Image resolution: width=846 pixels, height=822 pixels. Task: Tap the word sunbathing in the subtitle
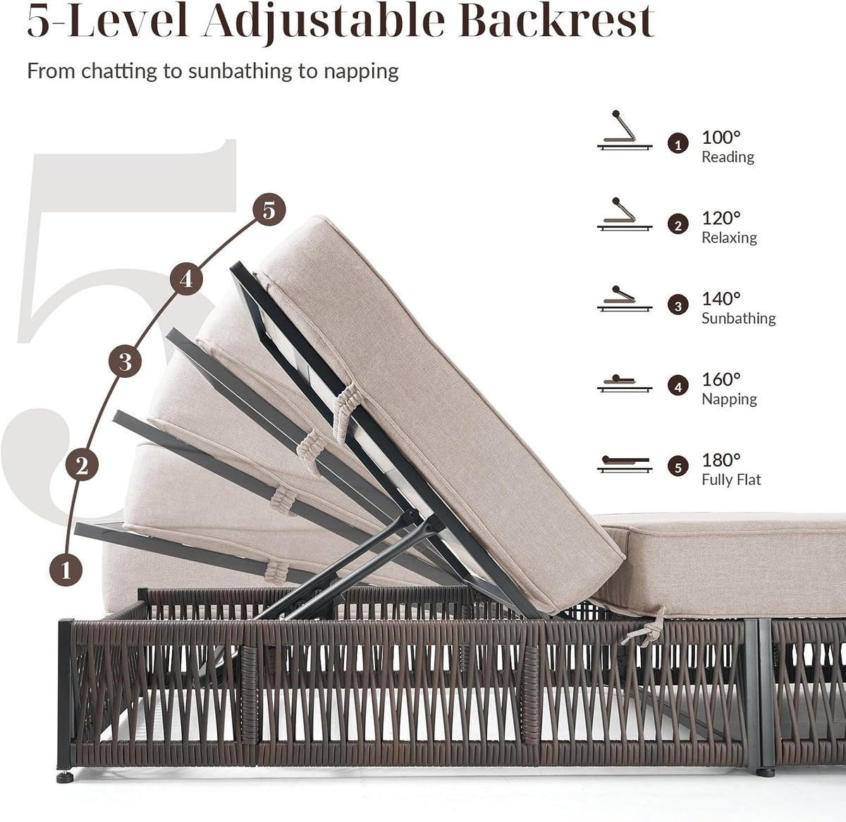pos(240,71)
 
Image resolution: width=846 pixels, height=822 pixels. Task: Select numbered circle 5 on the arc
pos(269,209)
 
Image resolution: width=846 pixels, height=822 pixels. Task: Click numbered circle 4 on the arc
pos(186,279)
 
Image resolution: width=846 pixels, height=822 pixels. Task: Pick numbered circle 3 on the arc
pos(125,361)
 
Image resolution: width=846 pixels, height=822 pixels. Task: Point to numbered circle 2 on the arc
pos(82,465)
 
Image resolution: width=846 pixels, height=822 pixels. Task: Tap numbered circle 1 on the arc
pos(66,570)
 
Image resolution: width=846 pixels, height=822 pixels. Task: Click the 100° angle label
pos(721,137)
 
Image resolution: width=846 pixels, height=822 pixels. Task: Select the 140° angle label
pos(721,299)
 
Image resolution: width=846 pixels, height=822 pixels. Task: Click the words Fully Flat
pos(731,479)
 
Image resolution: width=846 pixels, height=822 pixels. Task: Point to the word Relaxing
pos(729,238)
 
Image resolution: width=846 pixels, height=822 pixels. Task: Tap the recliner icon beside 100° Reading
pos(625,130)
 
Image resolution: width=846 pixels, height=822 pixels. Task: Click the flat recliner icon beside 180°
pos(625,464)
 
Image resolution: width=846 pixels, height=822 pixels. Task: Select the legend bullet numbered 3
pos(678,305)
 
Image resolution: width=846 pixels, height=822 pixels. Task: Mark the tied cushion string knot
pos(645,631)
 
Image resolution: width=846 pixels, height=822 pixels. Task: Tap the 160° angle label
pos(721,379)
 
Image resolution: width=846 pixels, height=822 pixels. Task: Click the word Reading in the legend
pos(728,157)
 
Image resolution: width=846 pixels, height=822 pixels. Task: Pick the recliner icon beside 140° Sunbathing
pos(625,298)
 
